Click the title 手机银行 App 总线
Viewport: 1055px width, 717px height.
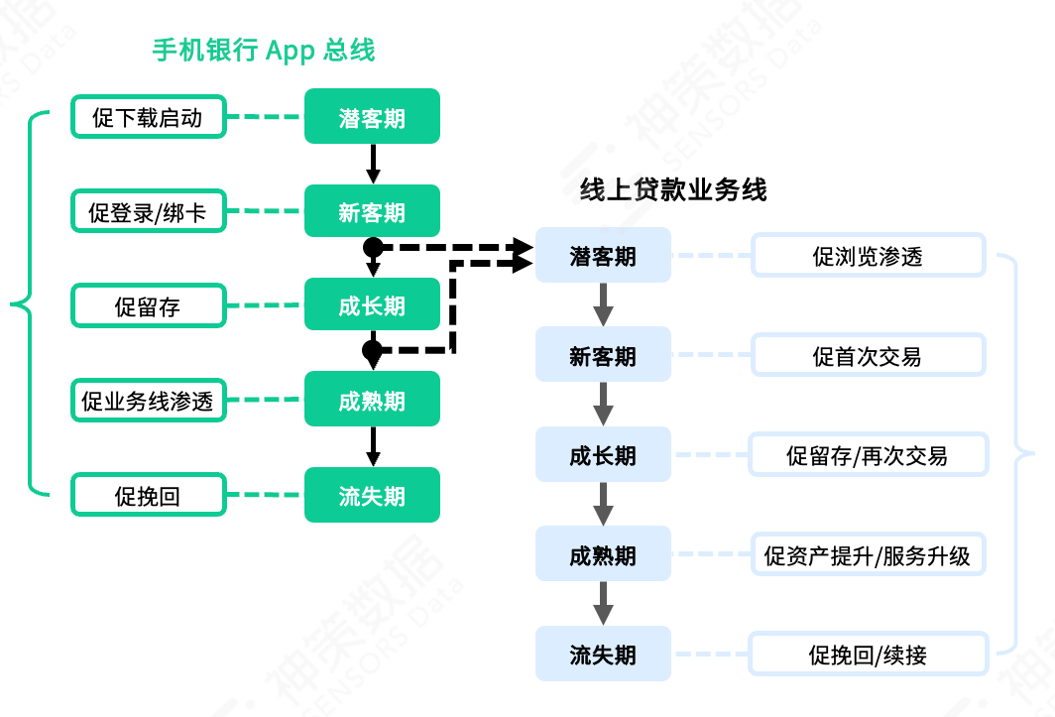tap(263, 51)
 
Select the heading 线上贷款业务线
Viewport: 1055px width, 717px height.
tap(673, 190)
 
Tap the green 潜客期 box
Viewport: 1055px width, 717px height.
tap(372, 117)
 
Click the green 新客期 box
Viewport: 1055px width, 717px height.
tap(372, 211)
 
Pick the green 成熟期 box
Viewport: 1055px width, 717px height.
tap(372, 401)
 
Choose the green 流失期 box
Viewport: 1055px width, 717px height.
tap(372, 496)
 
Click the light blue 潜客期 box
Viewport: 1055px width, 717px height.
tap(603, 256)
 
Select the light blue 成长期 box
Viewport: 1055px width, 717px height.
tap(603, 455)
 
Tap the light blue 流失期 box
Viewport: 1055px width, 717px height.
tap(603, 655)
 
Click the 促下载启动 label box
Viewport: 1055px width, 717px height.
tap(148, 117)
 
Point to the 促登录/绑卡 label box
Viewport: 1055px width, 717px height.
tap(148, 211)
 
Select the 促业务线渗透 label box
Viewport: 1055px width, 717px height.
tap(148, 401)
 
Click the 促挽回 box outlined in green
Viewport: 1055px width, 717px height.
tap(148, 496)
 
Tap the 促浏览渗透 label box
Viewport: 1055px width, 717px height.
tap(868, 256)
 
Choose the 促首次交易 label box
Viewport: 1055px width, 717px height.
tap(868, 355)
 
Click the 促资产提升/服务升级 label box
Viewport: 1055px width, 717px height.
tap(868, 554)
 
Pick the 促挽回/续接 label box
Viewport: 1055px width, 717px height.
tap(868, 655)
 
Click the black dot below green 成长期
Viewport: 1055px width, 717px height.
tap(372, 350)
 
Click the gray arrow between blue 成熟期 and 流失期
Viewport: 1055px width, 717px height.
tap(603, 604)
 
